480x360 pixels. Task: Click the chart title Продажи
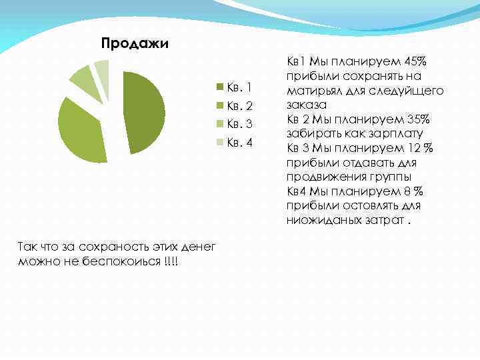[135, 44]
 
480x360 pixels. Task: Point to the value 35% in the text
[417, 119]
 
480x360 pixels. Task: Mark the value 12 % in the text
[419, 148]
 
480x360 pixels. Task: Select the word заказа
[304, 105]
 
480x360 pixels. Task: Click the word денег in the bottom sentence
[196, 246]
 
